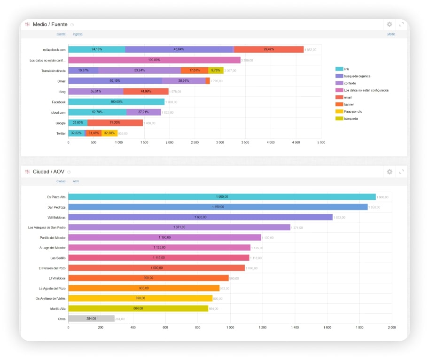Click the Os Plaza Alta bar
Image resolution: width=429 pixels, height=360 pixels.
pyautogui.click(x=222, y=197)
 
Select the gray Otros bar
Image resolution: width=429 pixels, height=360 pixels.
pyautogui.click(x=91, y=319)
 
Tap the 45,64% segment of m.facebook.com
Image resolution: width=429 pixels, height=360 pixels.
pyautogui.click(x=179, y=49)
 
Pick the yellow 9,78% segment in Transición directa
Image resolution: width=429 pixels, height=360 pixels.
pyautogui.click(x=216, y=70)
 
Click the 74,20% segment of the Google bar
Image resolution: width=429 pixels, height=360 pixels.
pyautogui.click(x=115, y=123)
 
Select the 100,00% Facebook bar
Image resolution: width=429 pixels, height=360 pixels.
pyautogui.click(x=116, y=102)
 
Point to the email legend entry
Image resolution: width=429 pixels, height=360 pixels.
pyautogui.click(x=348, y=97)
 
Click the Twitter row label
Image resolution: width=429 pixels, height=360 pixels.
pyautogui.click(x=61, y=133)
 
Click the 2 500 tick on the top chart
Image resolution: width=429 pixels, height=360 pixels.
pyautogui.click(x=195, y=142)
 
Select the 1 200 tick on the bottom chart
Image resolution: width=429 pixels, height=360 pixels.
pyautogui.click(x=262, y=327)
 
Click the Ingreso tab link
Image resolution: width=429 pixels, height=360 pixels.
pyautogui.click(x=78, y=34)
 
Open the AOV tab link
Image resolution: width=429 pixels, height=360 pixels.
pyautogui.click(x=76, y=181)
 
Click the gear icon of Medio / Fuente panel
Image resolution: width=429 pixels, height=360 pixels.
pyautogui.click(x=389, y=24)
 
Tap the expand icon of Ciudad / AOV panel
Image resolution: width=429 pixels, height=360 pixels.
pyautogui.click(x=401, y=172)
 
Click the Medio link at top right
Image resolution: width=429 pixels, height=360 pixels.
pyautogui.click(x=391, y=34)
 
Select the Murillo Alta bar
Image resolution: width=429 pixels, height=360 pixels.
pyautogui.click(x=138, y=308)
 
